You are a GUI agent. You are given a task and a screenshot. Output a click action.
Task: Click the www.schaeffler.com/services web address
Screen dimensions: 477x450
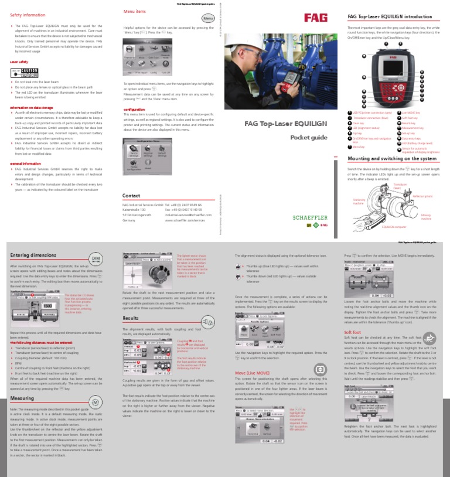pyautogui.click(x=184, y=221)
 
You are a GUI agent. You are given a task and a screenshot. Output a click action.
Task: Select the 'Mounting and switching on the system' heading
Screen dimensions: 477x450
pyautogui.click(x=391, y=158)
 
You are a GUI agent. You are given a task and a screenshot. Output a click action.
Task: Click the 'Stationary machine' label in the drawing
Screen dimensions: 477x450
pyautogui.click(x=359, y=201)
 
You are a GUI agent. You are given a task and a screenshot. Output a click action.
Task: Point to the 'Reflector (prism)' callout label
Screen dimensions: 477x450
pyautogui.click(x=421, y=196)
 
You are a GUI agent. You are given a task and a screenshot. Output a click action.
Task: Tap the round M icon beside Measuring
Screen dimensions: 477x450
pyautogui.click(x=95, y=403)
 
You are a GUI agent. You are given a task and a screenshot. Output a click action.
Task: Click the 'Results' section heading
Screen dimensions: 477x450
pyautogui.click(x=130, y=318)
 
